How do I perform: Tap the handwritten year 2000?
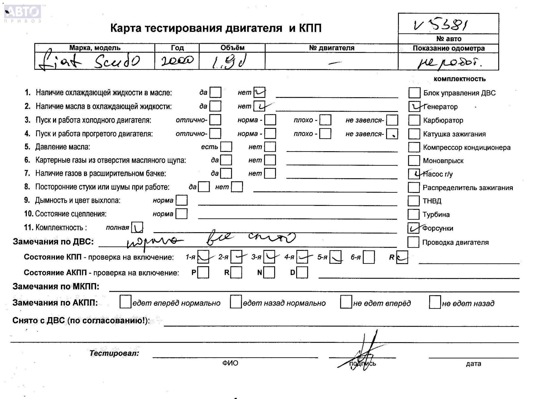pos(177,60)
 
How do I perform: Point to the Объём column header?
pos(232,48)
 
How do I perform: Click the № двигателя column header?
pos(331,48)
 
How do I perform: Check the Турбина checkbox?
pos(413,214)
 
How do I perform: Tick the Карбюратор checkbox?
pos(414,120)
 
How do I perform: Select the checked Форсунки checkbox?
pos(413,228)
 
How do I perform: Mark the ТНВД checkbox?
pos(413,201)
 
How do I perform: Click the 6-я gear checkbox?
pos(369,257)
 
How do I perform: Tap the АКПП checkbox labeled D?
pos(302,272)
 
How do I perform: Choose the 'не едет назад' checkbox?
pos(435,302)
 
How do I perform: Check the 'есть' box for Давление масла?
pos(226,147)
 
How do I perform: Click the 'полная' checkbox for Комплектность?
pos(137,227)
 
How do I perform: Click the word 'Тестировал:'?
pos(114,353)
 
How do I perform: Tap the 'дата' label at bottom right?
pos(473,364)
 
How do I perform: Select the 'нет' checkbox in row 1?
pos(259,92)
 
